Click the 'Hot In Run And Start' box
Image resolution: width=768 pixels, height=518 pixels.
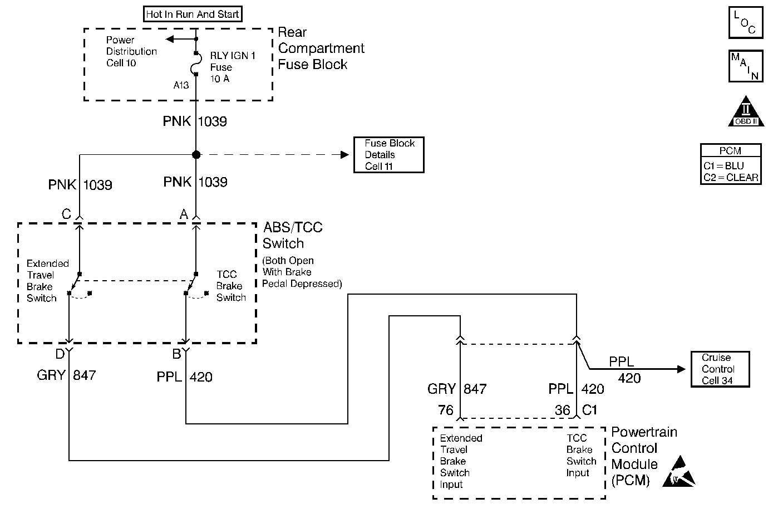(193, 14)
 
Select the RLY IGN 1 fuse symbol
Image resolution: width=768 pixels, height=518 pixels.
(195, 64)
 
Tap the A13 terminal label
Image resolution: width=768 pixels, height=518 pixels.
(181, 85)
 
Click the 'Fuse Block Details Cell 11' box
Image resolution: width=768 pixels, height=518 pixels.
(389, 155)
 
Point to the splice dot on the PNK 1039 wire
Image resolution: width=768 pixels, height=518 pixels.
(196, 155)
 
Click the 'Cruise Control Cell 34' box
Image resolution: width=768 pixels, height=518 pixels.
(720, 369)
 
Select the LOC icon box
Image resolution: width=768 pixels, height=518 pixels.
(746, 22)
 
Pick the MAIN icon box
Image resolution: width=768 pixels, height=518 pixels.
(746, 66)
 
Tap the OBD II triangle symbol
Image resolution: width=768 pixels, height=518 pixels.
(746, 112)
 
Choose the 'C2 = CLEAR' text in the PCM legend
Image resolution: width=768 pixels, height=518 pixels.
(731, 177)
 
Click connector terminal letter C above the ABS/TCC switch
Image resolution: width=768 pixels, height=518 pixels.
(66, 214)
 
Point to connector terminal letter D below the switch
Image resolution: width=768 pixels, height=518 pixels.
(60, 354)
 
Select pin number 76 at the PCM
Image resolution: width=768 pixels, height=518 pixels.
(445, 410)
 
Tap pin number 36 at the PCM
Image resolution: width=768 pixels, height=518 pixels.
(562, 410)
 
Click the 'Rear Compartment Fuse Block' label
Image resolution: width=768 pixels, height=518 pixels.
(321, 48)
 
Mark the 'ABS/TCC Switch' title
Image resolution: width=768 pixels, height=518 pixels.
(293, 236)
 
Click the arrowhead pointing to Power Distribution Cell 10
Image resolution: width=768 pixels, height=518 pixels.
(169, 39)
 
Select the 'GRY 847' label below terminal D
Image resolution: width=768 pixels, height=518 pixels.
(67, 375)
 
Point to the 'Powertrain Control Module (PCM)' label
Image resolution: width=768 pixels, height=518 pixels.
(644, 456)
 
